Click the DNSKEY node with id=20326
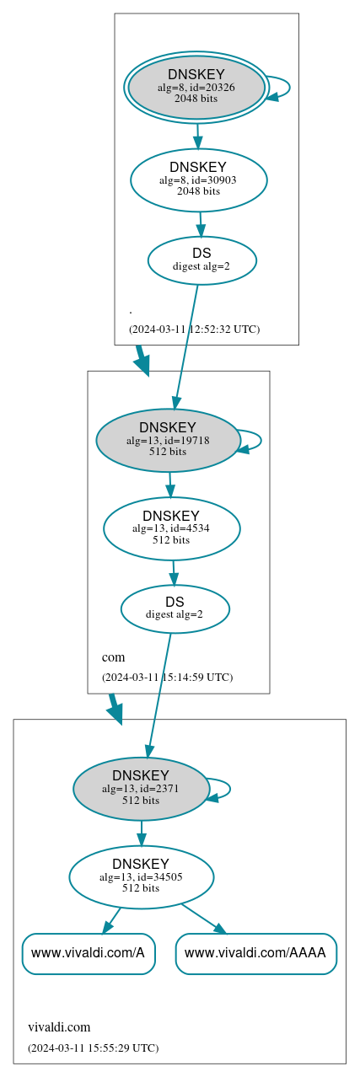[x=196, y=87]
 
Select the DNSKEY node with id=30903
[x=198, y=179]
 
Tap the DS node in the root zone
[x=201, y=260]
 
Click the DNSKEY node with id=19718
[x=168, y=440]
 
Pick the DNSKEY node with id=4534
[x=171, y=528]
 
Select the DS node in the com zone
[x=175, y=608]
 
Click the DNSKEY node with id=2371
[x=141, y=789]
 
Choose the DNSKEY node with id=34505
[x=141, y=877]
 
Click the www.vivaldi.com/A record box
[x=89, y=953]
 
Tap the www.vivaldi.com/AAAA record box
[x=255, y=953]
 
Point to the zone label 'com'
[x=113, y=657]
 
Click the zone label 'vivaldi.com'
[x=59, y=1027]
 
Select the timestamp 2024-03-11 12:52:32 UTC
[x=194, y=330]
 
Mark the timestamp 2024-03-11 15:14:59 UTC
[x=167, y=677]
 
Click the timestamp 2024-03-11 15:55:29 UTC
[x=93, y=1048]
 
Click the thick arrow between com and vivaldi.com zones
[x=116, y=709]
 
